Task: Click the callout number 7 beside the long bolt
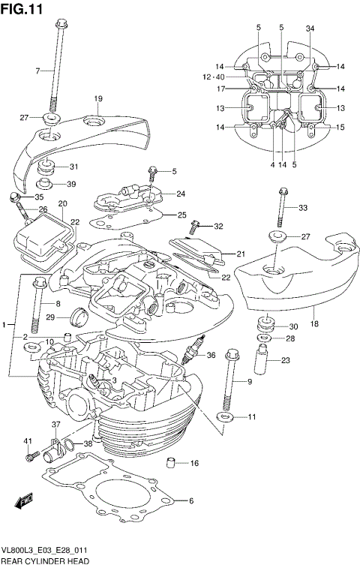click(x=37, y=71)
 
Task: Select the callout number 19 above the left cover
click(x=98, y=99)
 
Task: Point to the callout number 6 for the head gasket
click(x=191, y=501)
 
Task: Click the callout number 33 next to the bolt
click(x=303, y=208)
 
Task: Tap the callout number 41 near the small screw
click(x=28, y=440)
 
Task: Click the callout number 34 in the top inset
click(x=310, y=28)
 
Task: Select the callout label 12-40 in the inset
click(x=213, y=77)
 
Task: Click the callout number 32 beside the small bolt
click(x=218, y=226)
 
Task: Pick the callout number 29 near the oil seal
click(x=51, y=317)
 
